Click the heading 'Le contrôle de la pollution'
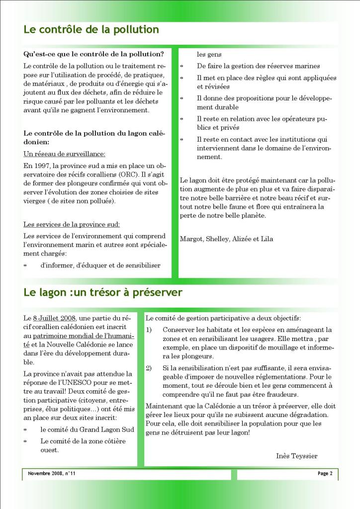pyautogui.click(x=91, y=29)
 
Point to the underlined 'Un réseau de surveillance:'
pyautogui.click(x=64, y=154)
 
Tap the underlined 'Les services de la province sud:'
pyautogui.click(x=72, y=224)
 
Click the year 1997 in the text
pyautogui.click(x=41, y=165)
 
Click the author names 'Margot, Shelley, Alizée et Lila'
pyautogui.click(x=226, y=239)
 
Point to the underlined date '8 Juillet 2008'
pyautogui.click(x=54, y=318)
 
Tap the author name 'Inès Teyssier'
pyautogui.click(x=296, y=456)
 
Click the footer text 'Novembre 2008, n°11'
pyautogui.click(x=52, y=474)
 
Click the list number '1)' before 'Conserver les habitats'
pyautogui.click(x=149, y=330)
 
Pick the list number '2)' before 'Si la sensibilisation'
pyautogui.click(x=149, y=368)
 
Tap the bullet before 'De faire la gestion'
pyautogui.click(x=181, y=66)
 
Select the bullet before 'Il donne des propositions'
pyautogui.click(x=181, y=98)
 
